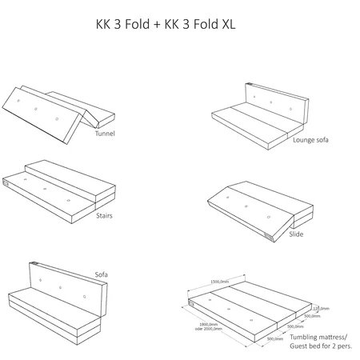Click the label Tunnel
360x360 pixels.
click(105, 134)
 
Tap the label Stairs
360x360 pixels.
click(106, 215)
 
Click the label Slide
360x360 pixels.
click(296, 234)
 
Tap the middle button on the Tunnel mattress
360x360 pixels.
click(37, 109)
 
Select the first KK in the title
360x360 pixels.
click(104, 26)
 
